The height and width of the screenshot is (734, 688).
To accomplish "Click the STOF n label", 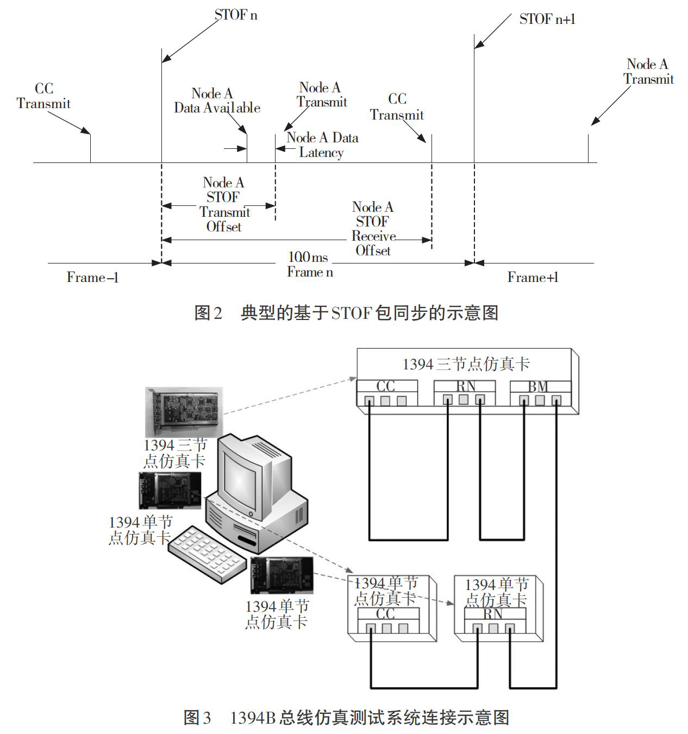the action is tap(236, 15).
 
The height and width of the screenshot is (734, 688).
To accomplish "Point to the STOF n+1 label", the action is tap(547, 19).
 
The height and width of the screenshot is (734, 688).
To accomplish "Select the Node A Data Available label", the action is tap(217, 100).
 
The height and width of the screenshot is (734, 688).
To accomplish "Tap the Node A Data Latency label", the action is tap(322, 145).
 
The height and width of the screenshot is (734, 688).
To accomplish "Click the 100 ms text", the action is tap(308, 257).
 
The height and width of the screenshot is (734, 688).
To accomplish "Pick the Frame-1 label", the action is tap(92, 277).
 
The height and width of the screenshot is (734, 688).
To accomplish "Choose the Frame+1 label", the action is tap(533, 277).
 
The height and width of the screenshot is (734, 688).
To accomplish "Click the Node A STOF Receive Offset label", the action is tap(373, 228).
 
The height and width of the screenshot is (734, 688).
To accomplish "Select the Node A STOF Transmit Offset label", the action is tap(224, 204).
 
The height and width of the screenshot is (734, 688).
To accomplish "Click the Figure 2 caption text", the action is tap(346, 313).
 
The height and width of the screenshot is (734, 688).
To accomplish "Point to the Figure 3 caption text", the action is tap(346, 717).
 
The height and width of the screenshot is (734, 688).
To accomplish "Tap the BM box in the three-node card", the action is tap(541, 392).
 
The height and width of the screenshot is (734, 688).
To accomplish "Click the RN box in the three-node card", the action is tap(464, 392).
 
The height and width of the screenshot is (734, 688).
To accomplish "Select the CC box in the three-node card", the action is tap(387, 392).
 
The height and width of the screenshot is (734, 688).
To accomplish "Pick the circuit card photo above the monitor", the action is tap(184, 412).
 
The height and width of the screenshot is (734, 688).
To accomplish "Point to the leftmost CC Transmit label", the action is tap(43, 96).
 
